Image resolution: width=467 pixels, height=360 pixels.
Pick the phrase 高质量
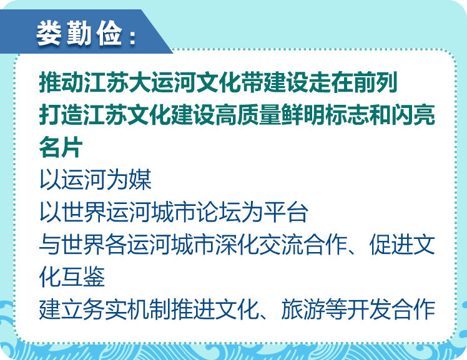coord(248,114)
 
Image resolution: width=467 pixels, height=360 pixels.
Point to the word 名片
coord(61,147)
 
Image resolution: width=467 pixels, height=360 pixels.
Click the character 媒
coord(140,180)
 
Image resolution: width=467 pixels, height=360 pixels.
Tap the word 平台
coord(286,212)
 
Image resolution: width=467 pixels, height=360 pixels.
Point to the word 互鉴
coord(83,276)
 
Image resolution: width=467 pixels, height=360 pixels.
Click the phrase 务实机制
coord(127,309)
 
